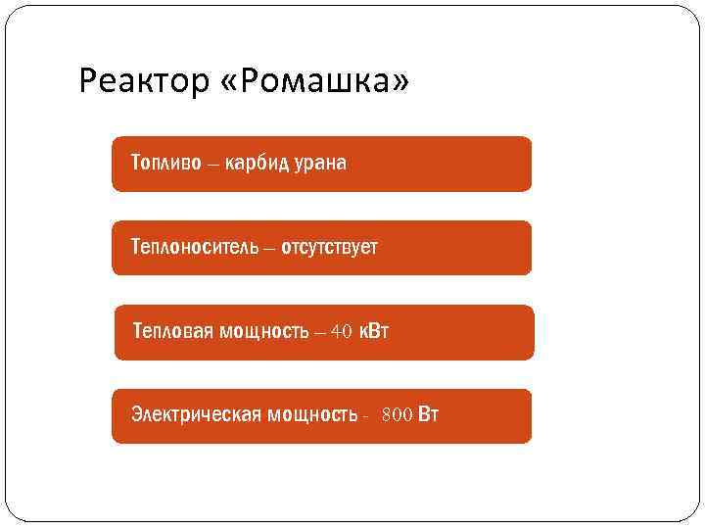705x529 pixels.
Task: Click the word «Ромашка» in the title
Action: click(x=316, y=82)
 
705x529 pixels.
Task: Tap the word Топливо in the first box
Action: click(x=166, y=162)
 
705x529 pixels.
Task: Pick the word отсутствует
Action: click(x=329, y=246)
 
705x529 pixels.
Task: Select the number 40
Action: click(x=341, y=331)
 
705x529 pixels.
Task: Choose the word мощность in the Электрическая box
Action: click(x=311, y=414)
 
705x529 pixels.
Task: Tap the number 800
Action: click(x=397, y=415)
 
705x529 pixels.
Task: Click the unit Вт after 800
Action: click(x=428, y=414)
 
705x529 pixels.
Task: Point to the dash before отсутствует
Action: click(x=268, y=247)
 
